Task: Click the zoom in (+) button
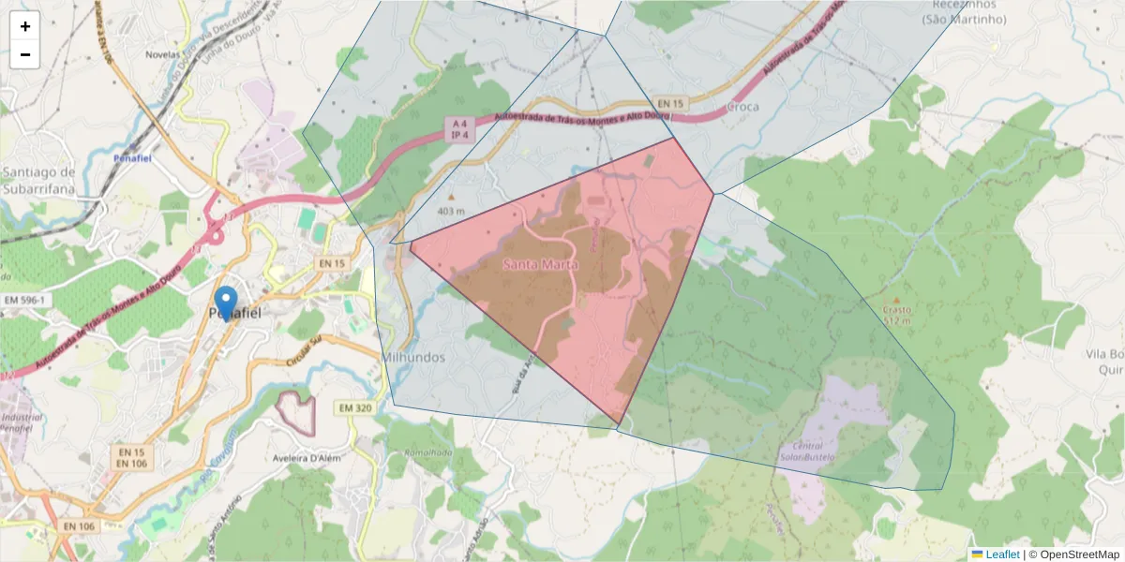coord(25,26)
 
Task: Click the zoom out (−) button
coord(25,54)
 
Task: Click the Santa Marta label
coord(540,265)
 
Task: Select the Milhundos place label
coord(414,358)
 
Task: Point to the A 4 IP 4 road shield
coord(458,129)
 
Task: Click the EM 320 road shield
coord(355,407)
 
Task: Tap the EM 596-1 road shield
coord(24,300)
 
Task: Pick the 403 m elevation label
coord(451,211)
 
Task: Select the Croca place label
coord(742,108)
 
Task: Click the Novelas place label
coord(162,54)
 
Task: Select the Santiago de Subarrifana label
coord(38,181)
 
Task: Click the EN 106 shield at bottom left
coord(80,526)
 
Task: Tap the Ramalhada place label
coord(428,452)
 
